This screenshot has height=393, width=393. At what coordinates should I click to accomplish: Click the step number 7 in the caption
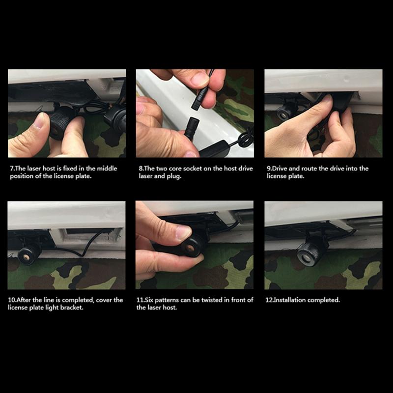point(12,168)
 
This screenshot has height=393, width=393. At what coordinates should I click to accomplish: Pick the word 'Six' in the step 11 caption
point(149,300)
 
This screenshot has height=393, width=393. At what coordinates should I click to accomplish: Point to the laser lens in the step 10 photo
point(26,257)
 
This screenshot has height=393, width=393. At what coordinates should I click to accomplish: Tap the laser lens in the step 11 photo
point(190,248)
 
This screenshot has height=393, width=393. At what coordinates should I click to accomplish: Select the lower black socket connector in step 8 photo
point(192,128)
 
